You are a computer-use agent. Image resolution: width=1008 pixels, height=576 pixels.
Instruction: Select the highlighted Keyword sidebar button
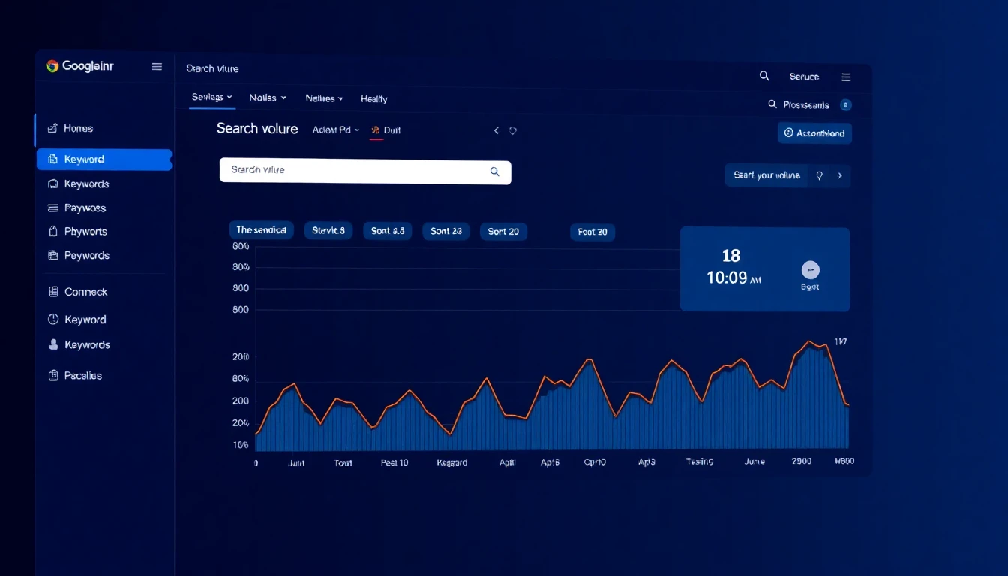pos(103,160)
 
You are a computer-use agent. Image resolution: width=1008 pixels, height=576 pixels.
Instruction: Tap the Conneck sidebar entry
pos(85,292)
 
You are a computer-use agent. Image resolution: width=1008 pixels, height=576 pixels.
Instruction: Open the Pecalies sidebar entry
pos(82,376)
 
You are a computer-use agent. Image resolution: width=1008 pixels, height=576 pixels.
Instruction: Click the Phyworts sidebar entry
pos(85,232)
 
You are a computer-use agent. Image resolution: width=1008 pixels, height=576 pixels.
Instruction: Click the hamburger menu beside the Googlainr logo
pos(157,67)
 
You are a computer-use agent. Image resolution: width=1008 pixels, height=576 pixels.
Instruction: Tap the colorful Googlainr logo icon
pos(52,66)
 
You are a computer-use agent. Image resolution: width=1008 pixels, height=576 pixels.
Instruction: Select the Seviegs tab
pos(211,97)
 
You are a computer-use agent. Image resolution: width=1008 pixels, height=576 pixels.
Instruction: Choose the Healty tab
pos(373,99)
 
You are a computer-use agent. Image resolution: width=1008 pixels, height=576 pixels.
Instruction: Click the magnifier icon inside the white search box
pos(494,172)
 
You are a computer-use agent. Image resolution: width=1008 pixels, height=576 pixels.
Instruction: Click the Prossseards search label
pos(805,105)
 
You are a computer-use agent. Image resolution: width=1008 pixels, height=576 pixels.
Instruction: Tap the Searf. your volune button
pos(766,175)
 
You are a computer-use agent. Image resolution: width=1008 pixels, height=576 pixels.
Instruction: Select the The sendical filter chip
pos(261,230)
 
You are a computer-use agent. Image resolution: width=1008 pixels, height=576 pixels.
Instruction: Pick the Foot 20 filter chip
pos(592,232)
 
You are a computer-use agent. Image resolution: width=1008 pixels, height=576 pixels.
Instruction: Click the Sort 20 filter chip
pos(503,232)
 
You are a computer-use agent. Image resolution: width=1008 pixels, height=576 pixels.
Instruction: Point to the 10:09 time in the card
pos(727,277)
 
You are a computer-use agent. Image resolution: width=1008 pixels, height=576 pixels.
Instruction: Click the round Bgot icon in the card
pos(810,270)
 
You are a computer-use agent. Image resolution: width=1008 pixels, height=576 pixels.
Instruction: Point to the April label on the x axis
pos(508,463)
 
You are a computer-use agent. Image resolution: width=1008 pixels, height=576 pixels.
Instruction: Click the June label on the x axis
pos(754,462)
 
